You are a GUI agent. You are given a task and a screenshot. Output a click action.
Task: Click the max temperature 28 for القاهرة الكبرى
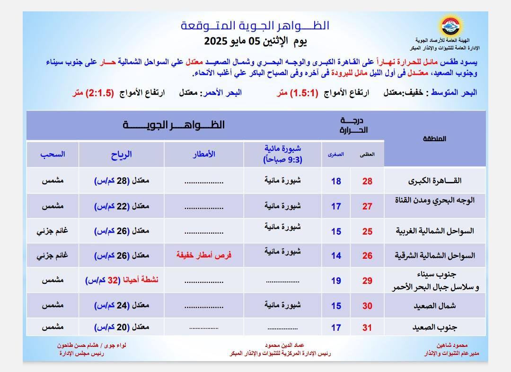[367, 181]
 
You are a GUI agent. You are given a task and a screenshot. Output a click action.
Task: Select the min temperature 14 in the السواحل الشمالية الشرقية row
[336, 256]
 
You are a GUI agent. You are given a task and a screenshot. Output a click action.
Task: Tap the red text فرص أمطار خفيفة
[204, 255]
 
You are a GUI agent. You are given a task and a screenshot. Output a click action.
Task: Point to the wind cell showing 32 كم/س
[122, 280]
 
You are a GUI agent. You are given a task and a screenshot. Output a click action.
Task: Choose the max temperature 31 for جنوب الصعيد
[367, 327]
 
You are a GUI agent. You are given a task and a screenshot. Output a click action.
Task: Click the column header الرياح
[122, 154]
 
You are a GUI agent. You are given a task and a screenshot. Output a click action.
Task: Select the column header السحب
[53, 154]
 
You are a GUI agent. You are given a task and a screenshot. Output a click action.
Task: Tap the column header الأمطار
[204, 154]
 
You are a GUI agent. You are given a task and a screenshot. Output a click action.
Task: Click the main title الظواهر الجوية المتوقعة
[255, 26]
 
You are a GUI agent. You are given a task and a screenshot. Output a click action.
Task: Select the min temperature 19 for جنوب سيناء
[336, 281]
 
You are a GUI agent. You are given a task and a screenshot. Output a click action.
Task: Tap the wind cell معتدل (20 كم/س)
[122, 327]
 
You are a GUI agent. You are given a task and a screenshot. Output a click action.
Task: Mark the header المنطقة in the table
[432, 139]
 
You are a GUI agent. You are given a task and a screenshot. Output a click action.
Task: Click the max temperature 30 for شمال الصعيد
[367, 306]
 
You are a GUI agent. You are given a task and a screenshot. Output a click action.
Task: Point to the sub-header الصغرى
[336, 154]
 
